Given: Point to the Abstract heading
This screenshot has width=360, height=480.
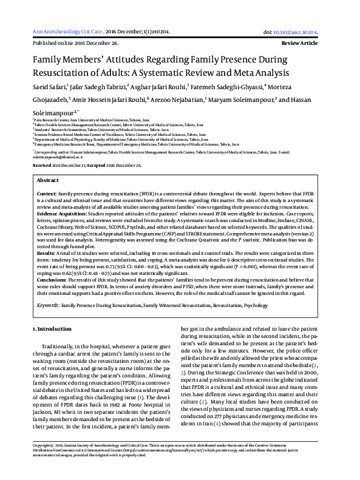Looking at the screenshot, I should point(48,180).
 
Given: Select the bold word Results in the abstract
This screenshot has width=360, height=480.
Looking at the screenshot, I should point(46,245).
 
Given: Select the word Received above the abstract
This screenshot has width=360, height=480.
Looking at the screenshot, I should point(42,165).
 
